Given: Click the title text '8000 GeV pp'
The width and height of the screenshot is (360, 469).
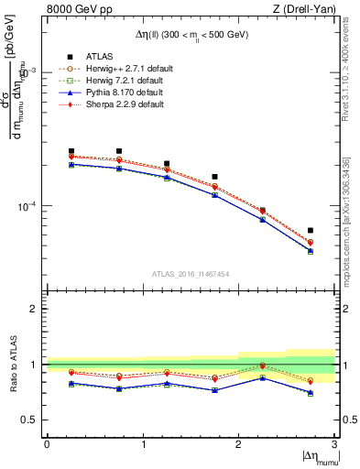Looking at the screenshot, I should pos(77,9).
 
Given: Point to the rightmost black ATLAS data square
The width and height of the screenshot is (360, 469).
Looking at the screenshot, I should pos(311,230).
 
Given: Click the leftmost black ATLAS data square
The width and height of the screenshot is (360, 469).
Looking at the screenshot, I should pos(71,151).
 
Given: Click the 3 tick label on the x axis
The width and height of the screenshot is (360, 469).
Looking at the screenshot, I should pos(334,444).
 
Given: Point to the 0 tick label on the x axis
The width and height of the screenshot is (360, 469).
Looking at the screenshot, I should pos(47,444).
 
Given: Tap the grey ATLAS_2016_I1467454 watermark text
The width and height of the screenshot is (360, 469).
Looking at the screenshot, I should pos(191,273).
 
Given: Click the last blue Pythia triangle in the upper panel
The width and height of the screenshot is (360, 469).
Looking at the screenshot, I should pos(311,250).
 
